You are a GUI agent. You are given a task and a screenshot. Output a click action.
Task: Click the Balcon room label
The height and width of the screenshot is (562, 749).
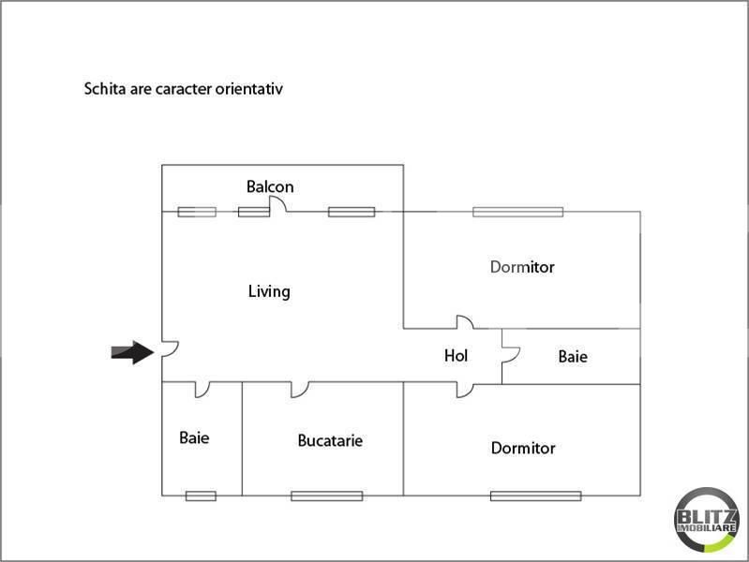[x=270, y=186]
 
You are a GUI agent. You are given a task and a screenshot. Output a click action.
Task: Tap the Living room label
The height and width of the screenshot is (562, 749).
[x=269, y=291]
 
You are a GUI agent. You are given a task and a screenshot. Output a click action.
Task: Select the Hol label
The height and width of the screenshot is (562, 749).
[x=456, y=356]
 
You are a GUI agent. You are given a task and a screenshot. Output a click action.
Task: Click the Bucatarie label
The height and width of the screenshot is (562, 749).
[x=330, y=440]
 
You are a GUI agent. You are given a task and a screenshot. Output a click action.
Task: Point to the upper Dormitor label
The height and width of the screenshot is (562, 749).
[x=522, y=267]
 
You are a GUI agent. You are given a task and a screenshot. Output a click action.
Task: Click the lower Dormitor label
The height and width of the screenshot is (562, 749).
[x=523, y=448]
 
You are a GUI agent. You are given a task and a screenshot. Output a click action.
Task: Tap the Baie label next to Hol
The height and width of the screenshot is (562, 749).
[x=573, y=356]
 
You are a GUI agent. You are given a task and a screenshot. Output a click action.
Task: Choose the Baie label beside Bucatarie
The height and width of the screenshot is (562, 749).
[x=194, y=437]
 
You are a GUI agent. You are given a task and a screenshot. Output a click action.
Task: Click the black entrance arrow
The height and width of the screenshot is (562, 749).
[x=132, y=352]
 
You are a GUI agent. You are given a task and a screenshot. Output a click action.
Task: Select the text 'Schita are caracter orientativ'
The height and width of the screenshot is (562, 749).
[x=184, y=90]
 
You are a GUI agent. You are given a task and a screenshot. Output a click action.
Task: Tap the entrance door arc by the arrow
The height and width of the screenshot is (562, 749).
[x=169, y=349]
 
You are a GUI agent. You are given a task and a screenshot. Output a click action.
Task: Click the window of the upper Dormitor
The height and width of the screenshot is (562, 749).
[x=517, y=212]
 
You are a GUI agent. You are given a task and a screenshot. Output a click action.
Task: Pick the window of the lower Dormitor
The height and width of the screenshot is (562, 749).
[x=535, y=495]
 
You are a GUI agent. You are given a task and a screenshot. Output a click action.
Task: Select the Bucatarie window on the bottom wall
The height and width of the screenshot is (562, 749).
[x=326, y=495]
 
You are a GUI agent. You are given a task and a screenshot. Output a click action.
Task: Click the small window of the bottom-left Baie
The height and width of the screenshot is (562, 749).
[x=201, y=495]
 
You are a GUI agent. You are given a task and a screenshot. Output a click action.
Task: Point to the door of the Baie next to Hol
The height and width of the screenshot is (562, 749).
[x=510, y=354]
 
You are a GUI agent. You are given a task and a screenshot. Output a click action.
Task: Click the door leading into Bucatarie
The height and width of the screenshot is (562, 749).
[x=299, y=388]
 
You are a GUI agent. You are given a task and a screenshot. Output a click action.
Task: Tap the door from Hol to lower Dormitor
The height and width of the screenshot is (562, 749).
[x=465, y=389]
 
